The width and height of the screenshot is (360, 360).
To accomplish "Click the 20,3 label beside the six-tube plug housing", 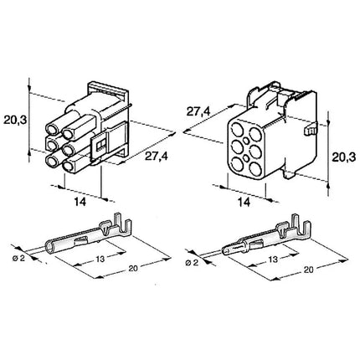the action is coord(15,121).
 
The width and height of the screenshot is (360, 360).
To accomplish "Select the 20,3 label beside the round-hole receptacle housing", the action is coord(343,157).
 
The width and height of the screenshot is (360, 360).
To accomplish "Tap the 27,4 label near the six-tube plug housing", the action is coord(156,157).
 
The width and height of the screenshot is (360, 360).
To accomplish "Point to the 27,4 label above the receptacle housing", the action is coord(198,112).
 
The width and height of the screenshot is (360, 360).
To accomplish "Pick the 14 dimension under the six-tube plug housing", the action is coord(80,202).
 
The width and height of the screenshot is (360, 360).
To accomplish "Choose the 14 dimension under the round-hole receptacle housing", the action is coord(244,203).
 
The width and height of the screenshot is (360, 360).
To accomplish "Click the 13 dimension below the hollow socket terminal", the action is coord(100,259).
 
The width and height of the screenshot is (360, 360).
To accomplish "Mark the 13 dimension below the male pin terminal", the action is coord(273,260).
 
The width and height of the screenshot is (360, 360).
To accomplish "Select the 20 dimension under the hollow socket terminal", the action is coord(133,268).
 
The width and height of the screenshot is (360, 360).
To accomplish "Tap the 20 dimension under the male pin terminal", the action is coord(308,270).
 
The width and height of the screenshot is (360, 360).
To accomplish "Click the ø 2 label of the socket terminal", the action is coord(18,258).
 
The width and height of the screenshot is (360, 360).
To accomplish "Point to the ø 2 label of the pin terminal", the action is coord(192,262).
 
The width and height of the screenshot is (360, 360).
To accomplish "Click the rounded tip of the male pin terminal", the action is coord(225,250).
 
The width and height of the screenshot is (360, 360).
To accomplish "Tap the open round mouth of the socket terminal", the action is coord(49,248).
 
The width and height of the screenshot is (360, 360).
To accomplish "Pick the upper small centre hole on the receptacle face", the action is coord(246,141).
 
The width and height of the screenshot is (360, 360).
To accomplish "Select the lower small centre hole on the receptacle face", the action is coord(246,158).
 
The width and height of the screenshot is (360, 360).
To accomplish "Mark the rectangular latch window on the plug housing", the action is coord(100,144).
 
